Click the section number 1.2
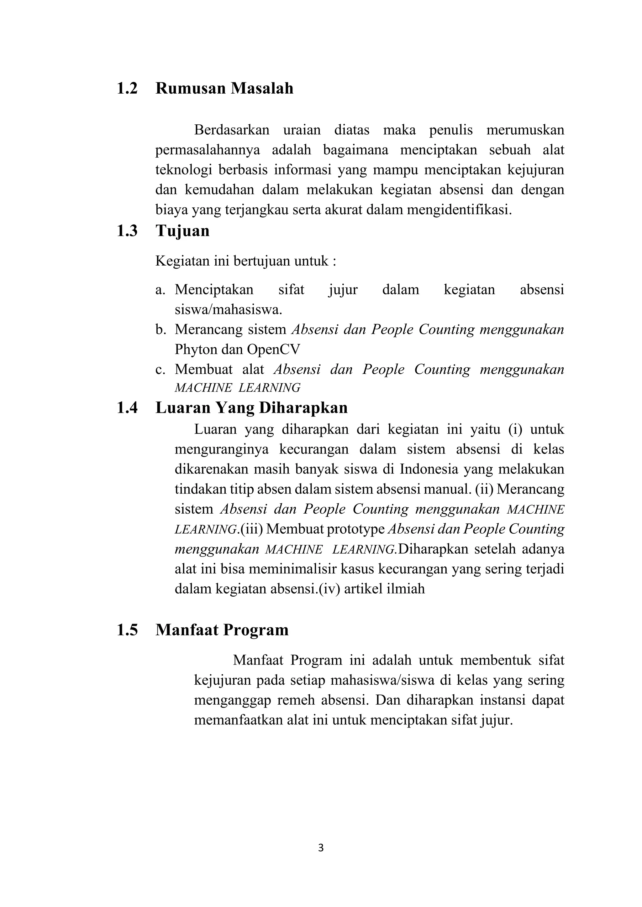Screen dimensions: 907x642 pos(127,88)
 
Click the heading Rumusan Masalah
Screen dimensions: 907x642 pos(224,88)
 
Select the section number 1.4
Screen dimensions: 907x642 pos(127,408)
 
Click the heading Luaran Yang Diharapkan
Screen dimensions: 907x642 pos(251,408)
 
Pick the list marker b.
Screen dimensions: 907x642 pos(160,329)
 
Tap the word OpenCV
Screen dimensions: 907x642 pos(274,350)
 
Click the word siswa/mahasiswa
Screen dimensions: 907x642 pos(228,310)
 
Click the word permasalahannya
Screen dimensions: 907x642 pos(208,150)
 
